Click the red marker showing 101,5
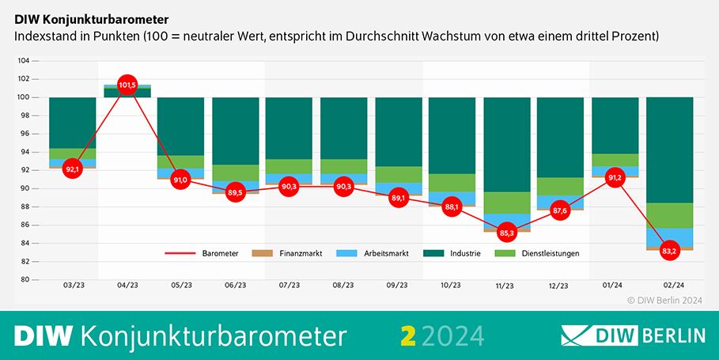pos(127,85)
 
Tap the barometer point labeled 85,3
pos(506,233)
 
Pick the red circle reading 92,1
pos(73,169)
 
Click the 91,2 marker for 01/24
pos(615,177)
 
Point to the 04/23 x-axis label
pos(127,286)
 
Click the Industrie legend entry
pos(463,253)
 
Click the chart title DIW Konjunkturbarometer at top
pos(91,17)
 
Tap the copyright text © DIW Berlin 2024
pos(666,300)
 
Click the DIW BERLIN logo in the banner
pos(633,335)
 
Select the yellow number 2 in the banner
pos(408,335)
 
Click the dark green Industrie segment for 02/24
pos(669,150)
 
